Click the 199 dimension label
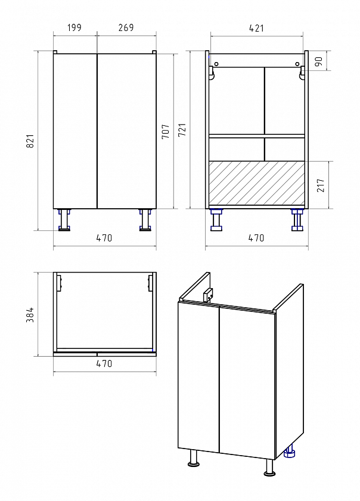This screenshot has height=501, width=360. coord(75,28)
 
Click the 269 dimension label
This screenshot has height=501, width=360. coord(126,28)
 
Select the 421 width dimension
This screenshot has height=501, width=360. coord(256,29)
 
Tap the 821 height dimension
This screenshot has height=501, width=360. coord(30,141)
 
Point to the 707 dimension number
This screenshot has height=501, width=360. coord(166,131)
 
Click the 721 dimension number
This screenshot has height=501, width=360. coord(182,130)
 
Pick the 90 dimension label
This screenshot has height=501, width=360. coord(319,61)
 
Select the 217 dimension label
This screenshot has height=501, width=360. coord(321,185)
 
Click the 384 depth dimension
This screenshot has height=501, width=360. coord(30,315)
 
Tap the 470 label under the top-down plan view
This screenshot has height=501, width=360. coord(104,363)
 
